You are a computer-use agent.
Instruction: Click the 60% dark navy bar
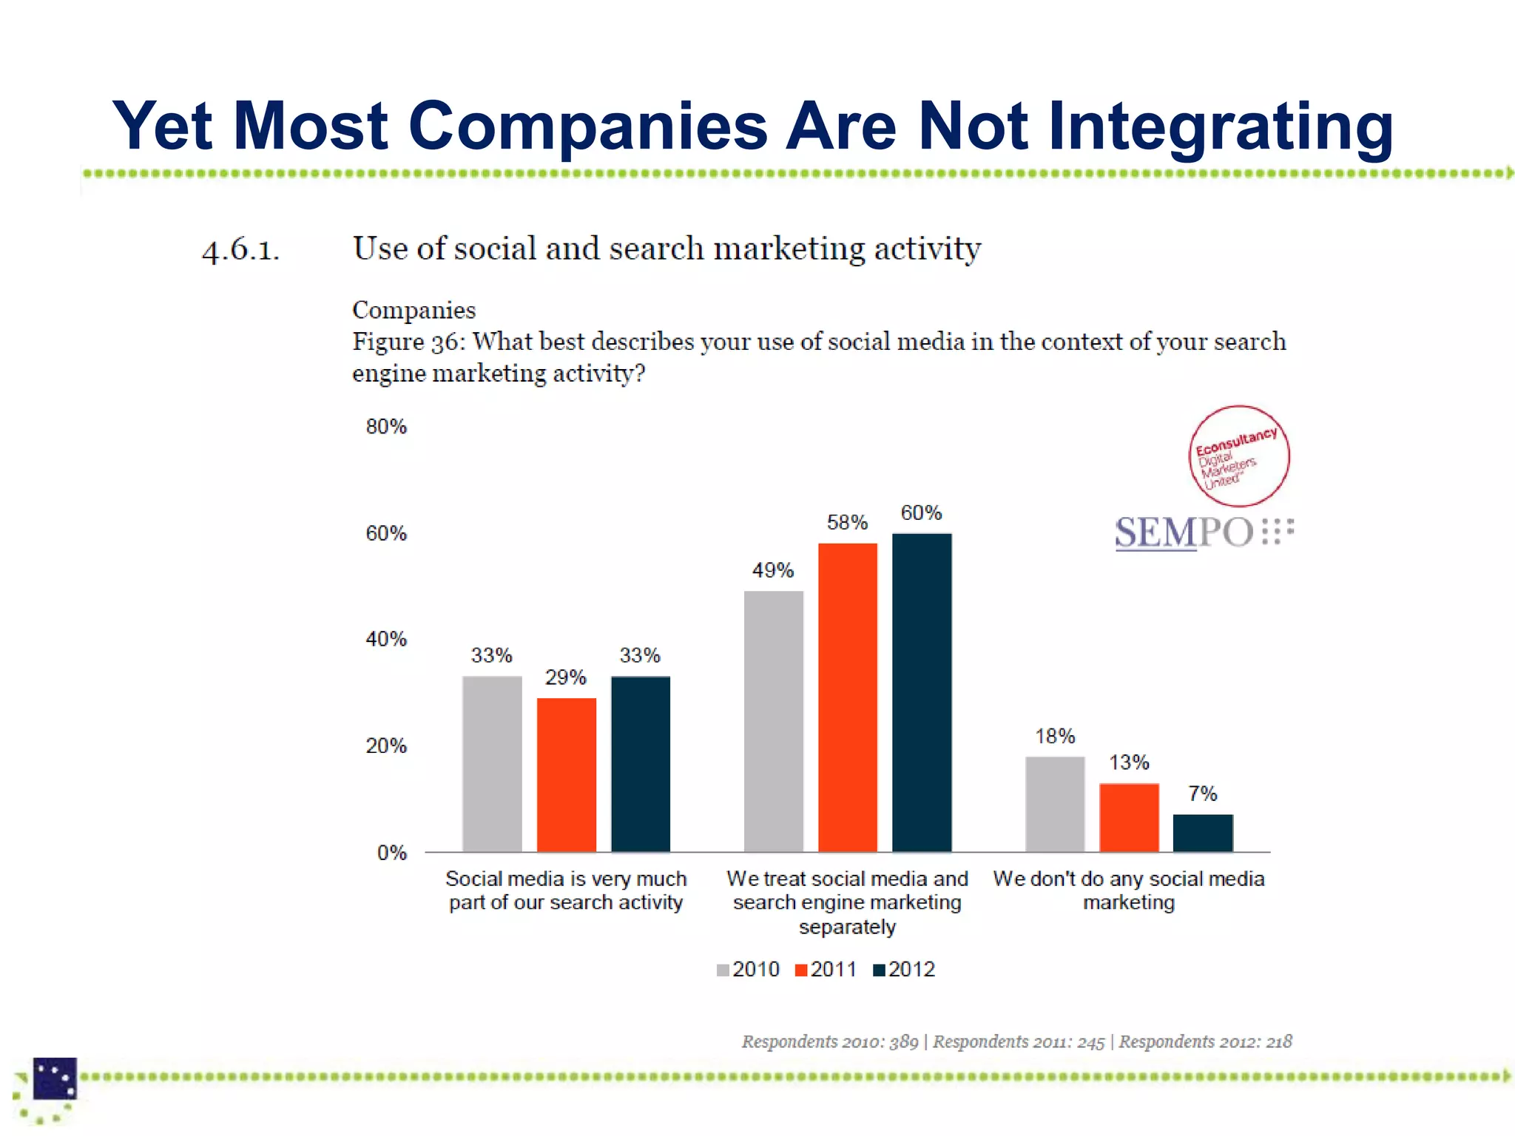click(x=922, y=692)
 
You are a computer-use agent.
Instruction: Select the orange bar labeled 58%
click(x=848, y=697)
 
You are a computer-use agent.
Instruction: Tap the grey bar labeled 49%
click(x=774, y=721)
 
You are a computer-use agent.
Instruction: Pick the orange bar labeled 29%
click(x=567, y=774)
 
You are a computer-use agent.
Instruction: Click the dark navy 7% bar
click(x=1203, y=833)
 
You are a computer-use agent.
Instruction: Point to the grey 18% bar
click(x=1055, y=804)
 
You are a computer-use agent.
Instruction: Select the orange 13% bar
click(x=1129, y=817)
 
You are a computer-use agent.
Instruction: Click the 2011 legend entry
click(x=826, y=970)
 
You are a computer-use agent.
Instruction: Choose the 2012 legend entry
click(x=904, y=970)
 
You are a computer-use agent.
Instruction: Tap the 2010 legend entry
click(x=748, y=970)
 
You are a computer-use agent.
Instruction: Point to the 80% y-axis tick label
click(x=386, y=427)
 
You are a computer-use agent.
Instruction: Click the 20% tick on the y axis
click(x=386, y=746)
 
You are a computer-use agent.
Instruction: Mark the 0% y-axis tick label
click(x=391, y=853)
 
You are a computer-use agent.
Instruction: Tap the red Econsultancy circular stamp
click(x=1239, y=456)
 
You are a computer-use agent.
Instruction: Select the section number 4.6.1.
click(x=241, y=251)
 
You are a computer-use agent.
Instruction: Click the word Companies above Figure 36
click(x=414, y=310)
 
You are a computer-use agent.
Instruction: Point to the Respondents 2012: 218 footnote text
click(x=1205, y=1041)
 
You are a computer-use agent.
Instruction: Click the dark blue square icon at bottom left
click(x=55, y=1078)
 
